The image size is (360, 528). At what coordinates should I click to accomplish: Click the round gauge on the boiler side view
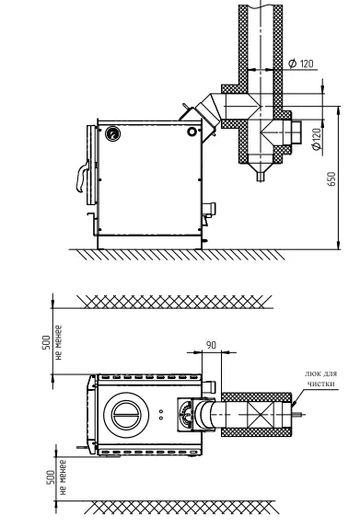coord(112,133)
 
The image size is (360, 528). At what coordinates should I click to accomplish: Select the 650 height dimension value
coord(331,179)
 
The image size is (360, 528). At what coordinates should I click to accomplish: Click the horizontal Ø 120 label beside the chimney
coord(301,63)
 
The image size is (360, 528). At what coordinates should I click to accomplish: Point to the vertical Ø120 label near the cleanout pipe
coord(316,139)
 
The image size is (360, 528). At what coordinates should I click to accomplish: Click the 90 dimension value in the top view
coord(211,345)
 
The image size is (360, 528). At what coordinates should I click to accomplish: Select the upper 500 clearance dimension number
coord(46,342)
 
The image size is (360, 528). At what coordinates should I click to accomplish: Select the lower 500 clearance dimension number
coord(51,477)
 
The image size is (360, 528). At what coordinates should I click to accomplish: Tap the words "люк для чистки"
coord(320,379)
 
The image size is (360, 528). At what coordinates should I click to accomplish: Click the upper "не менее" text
coord(58,342)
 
